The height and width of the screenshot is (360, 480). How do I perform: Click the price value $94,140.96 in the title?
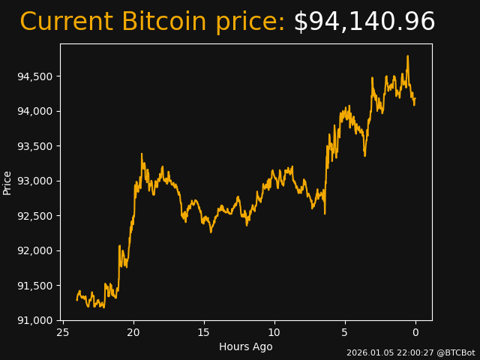(x=364, y=22)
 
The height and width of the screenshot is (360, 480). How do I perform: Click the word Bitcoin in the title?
(x=163, y=22)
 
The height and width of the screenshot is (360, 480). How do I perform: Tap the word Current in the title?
(x=66, y=22)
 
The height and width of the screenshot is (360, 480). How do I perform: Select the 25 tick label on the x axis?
(x=63, y=332)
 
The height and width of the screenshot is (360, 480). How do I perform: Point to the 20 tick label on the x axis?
(x=133, y=332)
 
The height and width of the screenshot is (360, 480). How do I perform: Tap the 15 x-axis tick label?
(x=204, y=332)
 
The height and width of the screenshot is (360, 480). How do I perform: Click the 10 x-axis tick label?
(x=274, y=332)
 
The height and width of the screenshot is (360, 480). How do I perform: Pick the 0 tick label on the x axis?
(x=415, y=332)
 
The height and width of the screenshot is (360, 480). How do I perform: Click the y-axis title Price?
(x=7, y=182)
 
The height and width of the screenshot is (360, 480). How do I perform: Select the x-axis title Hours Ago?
(x=245, y=346)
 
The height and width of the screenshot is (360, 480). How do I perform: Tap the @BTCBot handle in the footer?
(x=456, y=352)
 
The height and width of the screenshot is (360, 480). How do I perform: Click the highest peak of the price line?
(x=408, y=55)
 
